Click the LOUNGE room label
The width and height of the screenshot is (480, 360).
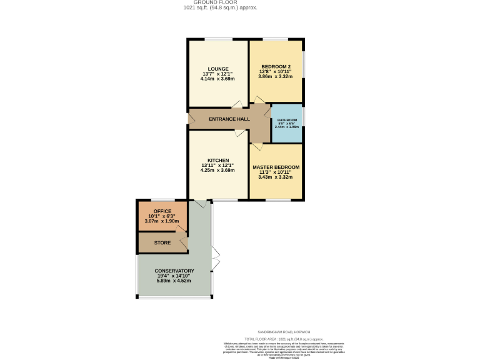click(x=218, y=69)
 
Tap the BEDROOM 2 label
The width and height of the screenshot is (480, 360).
click(x=276, y=67)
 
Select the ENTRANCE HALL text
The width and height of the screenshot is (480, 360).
click(x=229, y=119)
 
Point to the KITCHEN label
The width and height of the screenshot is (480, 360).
click(x=218, y=160)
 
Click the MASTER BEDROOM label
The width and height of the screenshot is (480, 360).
click(x=276, y=167)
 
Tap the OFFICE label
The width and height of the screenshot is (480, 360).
click(x=162, y=211)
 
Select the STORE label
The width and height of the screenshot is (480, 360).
click(x=162, y=242)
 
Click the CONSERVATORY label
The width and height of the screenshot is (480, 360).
click(x=174, y=271)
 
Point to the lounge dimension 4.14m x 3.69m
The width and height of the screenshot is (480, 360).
click(x=218, y=79)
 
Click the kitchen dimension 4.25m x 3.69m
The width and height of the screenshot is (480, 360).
click(x=218, y=170)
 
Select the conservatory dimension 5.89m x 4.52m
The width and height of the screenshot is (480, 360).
click(x=174, y=281)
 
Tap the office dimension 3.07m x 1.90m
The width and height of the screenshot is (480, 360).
click(x=162, y=221)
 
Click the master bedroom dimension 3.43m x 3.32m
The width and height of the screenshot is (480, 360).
click(x=276, y=177)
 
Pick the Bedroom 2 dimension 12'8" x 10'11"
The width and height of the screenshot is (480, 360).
click(x=276, y=72)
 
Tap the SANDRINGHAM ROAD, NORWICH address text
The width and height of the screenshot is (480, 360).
click(x=284, y=332)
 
